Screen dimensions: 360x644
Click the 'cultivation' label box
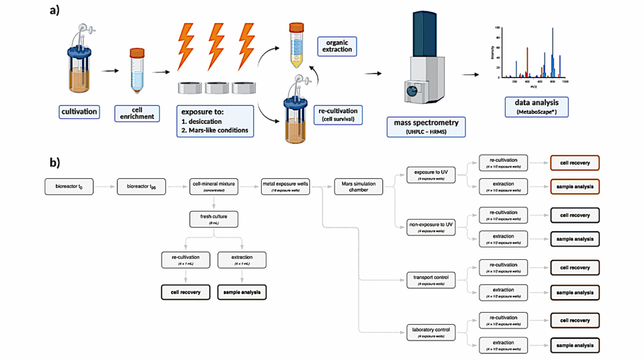pyautogui.click(x=79, y=112)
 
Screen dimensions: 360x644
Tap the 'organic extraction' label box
pyautogui.click(x=337, y=45)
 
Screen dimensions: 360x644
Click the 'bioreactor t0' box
pyautogui.click(x=69, y=186)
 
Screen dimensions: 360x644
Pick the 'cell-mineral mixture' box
pyautogui.click(x=214, y=186)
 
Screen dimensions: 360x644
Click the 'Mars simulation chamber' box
pyautogui.click(x=358, y=186)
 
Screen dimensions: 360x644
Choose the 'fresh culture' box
pyautogui.click(x=214, y=218)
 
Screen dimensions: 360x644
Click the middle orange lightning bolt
pyautogui.click(x=216, y=48)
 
